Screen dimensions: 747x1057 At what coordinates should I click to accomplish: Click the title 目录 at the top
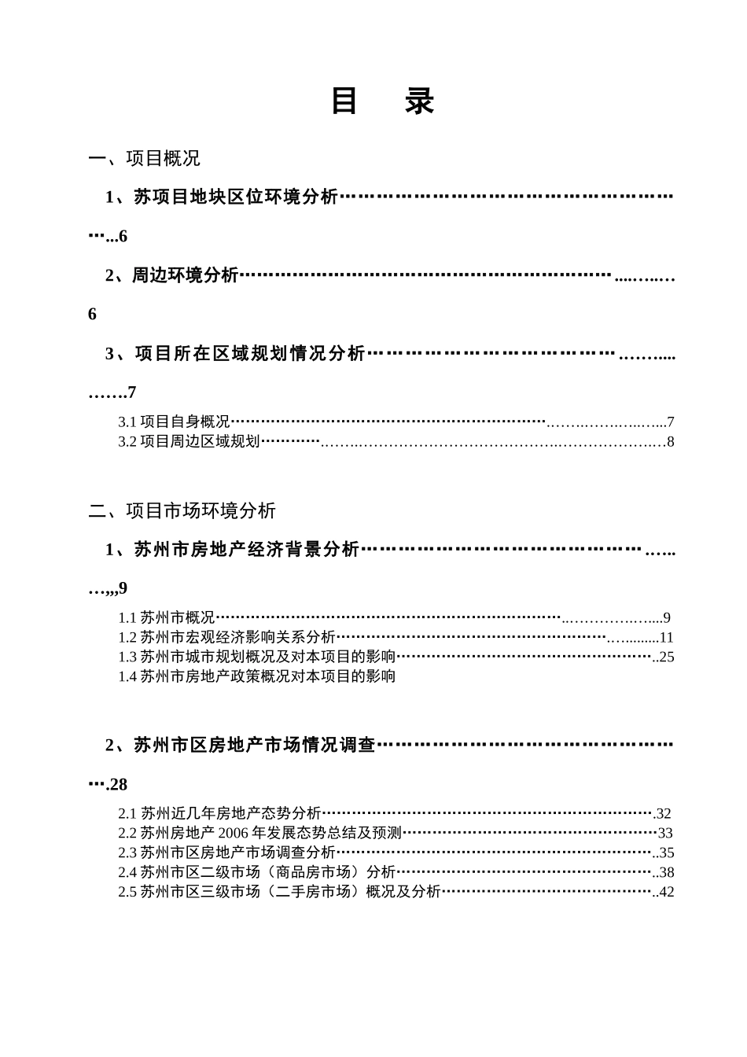(382, 101)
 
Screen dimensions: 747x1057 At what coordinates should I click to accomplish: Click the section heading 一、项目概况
(145, 159)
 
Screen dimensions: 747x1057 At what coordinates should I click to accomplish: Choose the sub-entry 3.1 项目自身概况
(174, 422)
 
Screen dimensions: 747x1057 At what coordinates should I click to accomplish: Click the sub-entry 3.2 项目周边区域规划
(189, 441)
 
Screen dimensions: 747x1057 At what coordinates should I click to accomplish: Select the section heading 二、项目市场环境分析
(182, 511)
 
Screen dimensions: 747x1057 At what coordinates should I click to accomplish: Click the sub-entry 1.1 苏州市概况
(167, 617)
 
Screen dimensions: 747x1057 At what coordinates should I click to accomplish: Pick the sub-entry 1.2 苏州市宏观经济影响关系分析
(226, 637)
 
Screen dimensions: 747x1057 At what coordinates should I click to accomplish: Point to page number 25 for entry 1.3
(666, 657)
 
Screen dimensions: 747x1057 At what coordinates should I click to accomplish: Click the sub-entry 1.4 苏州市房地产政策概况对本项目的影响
(256, 676)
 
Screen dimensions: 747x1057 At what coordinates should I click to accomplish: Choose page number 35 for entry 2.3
(666, 853)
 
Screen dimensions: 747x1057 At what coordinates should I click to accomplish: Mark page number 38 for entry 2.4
(666, 872)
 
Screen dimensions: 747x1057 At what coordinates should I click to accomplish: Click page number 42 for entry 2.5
(666, 892)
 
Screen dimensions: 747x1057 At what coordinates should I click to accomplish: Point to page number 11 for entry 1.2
(667, 638)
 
